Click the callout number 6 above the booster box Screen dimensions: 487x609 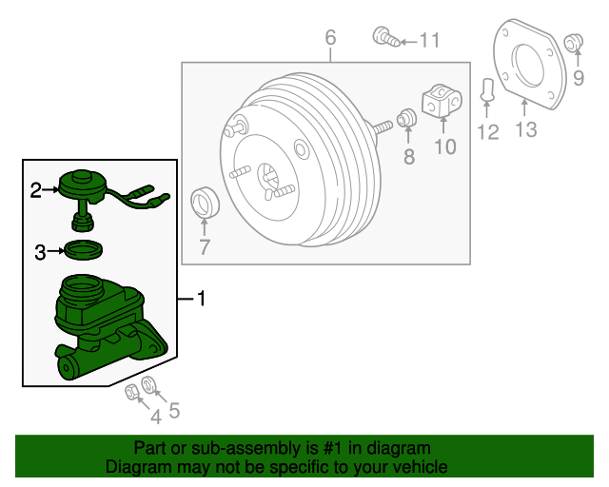(x=330, y=38)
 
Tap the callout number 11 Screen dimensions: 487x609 (x=429, y=40)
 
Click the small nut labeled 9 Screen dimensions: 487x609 (x=574, y=42)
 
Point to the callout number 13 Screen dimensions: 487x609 (x=526, y=129)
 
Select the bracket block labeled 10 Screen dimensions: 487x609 (x=442, y=102)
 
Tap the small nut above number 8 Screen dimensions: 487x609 (x=406, y=119)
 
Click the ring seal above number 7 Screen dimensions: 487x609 (x=205, y=202)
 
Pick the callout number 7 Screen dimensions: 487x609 (x=205, y=249)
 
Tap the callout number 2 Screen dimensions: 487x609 (x=35, y=191)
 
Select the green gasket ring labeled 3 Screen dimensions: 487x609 (x=84, y=251)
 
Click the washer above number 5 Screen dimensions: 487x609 (x=149, y=386)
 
